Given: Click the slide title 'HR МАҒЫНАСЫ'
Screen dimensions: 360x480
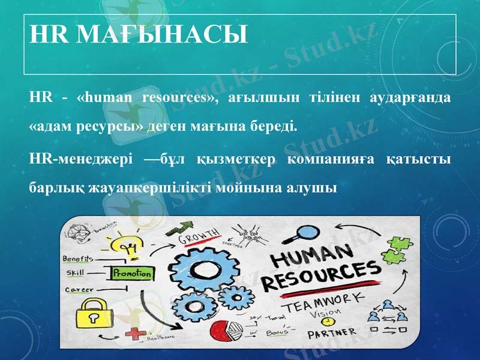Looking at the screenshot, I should pyautogui.click(x=139, y=35).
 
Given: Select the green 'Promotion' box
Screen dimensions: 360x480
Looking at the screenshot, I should pyautogui.click(x=133, y=273).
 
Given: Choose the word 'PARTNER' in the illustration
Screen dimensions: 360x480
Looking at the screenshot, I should pyautogui.click(x=331, y=332).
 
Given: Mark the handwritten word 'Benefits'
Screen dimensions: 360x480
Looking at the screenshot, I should pyautogui.click(x=78, y=259).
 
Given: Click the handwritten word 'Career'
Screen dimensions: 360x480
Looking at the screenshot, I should pyautogui.click(x=79, y=289).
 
